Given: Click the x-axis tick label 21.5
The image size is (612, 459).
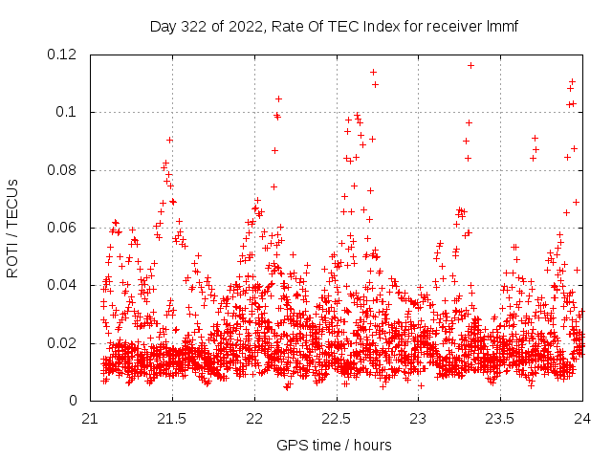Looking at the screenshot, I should coord(172,419).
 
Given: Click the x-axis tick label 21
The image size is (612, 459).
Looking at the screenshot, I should coord(90,419).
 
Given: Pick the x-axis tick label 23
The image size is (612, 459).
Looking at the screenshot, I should coord(419,419).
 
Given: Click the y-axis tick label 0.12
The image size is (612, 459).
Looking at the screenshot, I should coord(63,55).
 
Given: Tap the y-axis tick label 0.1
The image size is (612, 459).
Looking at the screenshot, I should coord(67,112).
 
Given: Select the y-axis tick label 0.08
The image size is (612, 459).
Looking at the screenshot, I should coord(63,170).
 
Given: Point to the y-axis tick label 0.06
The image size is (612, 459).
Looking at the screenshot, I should coord(63,228).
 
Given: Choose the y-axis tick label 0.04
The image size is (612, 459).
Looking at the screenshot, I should coord(63,285).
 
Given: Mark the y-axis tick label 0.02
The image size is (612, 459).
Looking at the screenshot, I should coord(63,343).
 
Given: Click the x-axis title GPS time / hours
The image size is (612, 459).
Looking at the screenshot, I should coord(334,445).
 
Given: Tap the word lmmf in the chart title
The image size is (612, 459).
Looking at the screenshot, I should coord(501,26).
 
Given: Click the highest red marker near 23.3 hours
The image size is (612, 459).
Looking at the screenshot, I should coord(470,65).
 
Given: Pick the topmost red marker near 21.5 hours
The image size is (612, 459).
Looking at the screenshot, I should coord(169,140).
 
